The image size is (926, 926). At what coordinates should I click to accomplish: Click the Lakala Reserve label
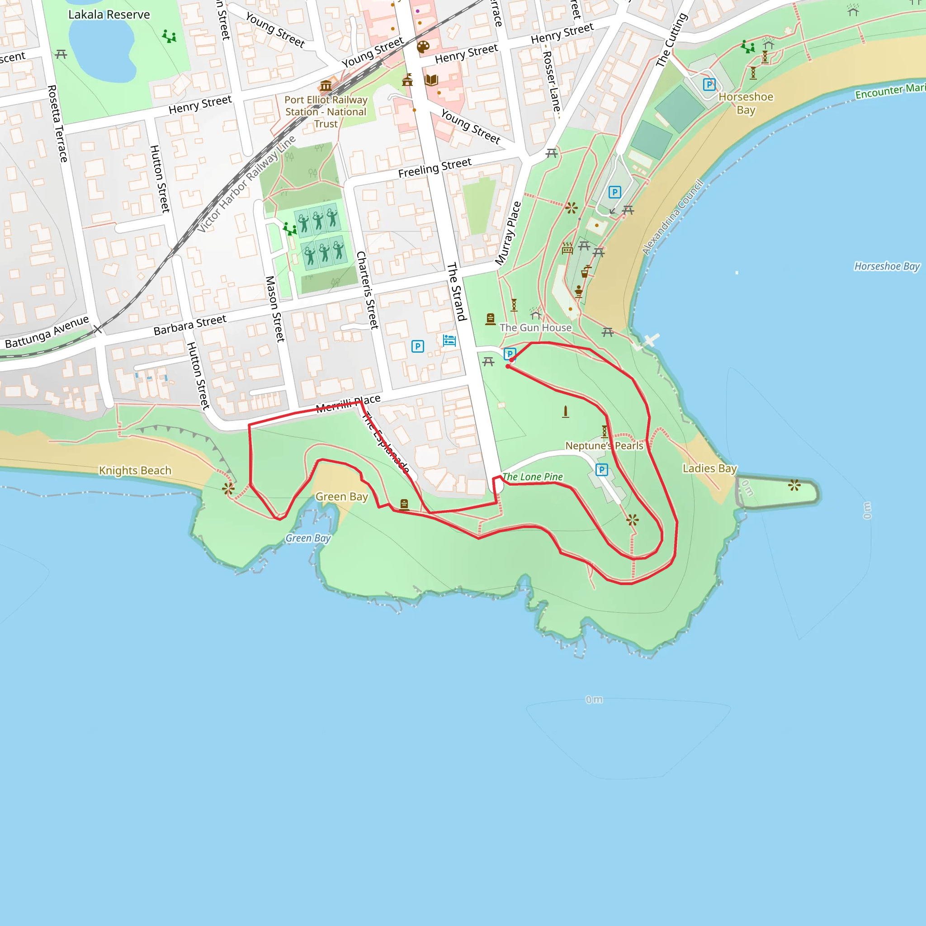[109, 14]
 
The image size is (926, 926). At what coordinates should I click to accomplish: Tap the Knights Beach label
[135, 470]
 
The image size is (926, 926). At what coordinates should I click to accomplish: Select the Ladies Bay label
[709, 468]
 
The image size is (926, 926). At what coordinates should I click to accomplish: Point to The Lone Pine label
[533, 477]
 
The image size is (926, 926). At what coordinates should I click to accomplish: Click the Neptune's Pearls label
[604, 446]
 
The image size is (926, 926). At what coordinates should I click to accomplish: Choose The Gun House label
[535, 328]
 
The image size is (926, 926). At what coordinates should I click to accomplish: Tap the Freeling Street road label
[435, 168]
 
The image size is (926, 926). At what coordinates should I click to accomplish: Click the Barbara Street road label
[190, 325]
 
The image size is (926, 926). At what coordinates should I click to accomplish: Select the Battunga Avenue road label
[47, 332]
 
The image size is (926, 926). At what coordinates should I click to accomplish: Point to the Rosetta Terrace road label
[57, 123]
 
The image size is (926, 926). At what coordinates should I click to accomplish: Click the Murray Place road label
[508, 233]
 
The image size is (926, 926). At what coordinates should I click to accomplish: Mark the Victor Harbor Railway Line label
[246, 184]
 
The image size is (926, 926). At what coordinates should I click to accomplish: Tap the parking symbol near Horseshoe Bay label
[709, 85]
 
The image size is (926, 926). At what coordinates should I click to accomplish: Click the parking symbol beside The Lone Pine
[601, 470]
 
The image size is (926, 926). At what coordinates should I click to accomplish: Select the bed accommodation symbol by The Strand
[449, 340]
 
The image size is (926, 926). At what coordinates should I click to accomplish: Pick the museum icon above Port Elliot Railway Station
[326, 86]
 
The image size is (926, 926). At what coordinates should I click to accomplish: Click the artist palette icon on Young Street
[423, 47]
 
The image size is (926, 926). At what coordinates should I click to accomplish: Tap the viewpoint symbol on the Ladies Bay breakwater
[794, 485]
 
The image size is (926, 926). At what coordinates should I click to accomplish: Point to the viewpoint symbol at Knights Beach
[228, 489]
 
